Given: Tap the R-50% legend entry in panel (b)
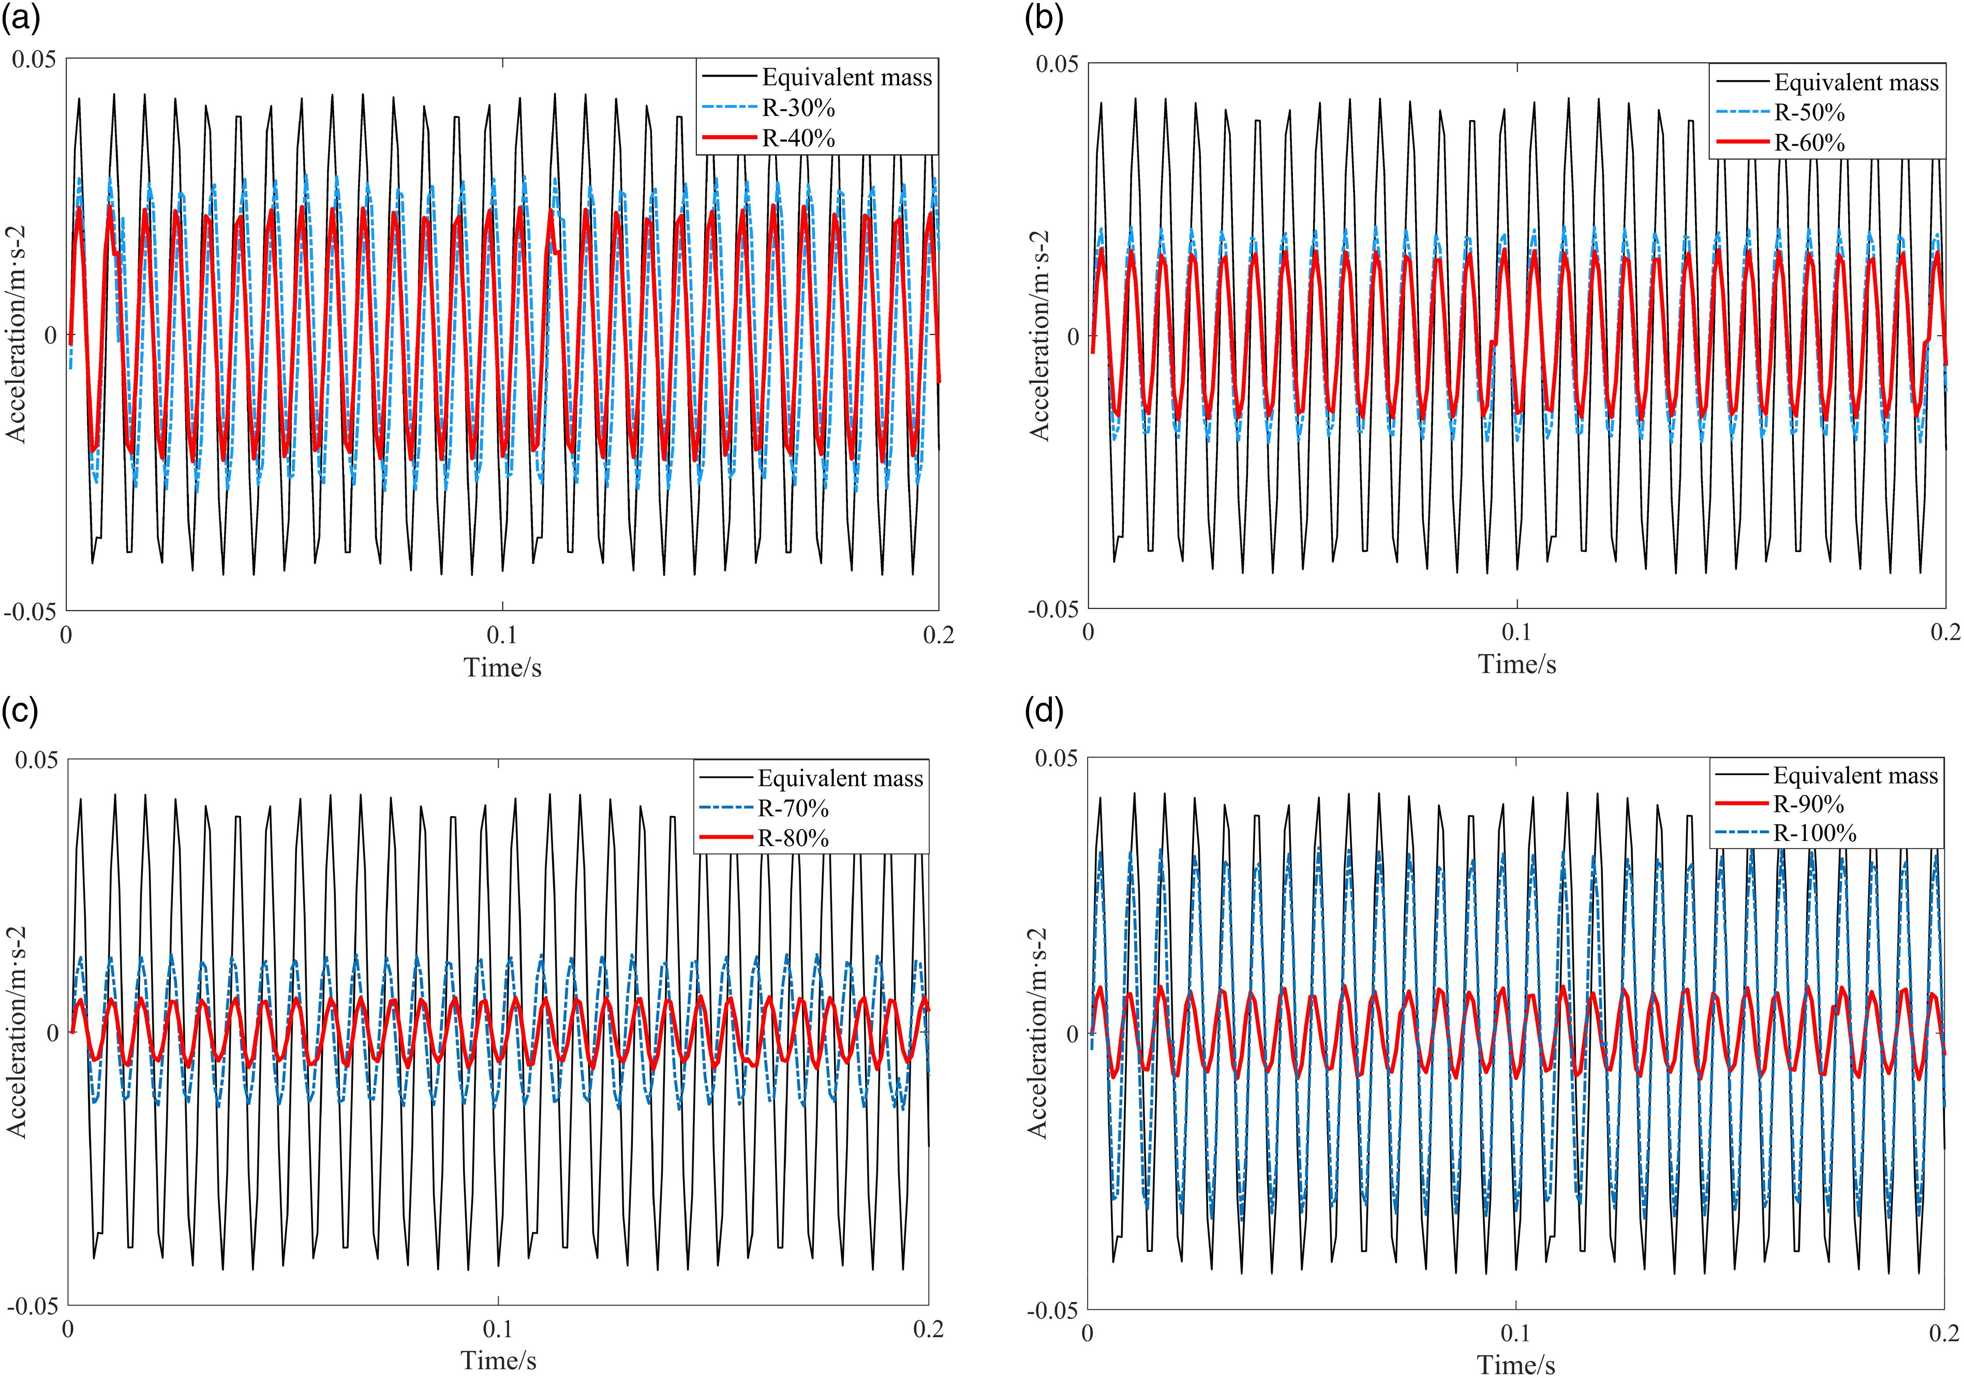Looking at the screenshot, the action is [x=1809, y=113].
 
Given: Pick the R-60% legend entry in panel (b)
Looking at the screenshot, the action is [x=1809, y=143].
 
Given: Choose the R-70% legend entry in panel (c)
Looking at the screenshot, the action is [x=793, y=808].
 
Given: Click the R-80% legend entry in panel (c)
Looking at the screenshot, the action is [x=793, y=838].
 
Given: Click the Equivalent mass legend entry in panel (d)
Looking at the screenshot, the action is [x=1854, y=776].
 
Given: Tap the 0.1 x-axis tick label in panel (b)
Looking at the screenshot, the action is [x=1516, y=632].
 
